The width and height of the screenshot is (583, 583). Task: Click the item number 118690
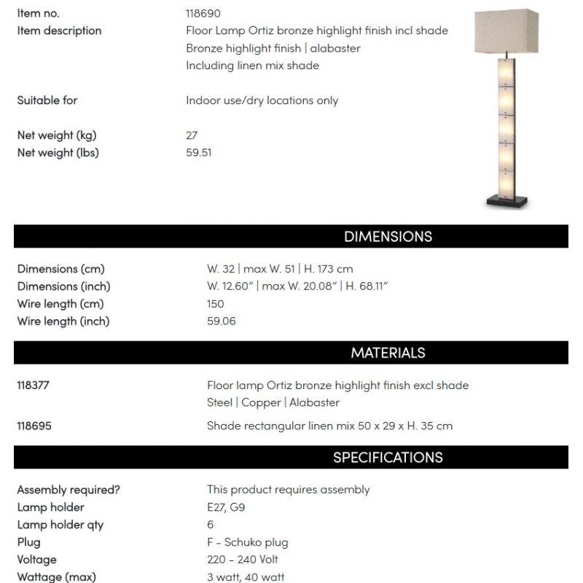pos(203,13)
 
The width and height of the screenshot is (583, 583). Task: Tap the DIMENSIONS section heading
pos(388,237)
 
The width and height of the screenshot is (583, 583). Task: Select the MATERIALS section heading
pos(388,353)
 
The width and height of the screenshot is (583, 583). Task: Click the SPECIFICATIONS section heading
pos(388,458)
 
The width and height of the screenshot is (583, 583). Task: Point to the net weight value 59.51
pos(199,153)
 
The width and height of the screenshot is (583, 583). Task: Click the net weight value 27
pos(192,136)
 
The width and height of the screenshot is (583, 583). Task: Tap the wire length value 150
pos(216,304)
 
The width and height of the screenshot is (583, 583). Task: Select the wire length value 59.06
pos(222,321)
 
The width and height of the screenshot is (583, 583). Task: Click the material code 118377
pos(34,386)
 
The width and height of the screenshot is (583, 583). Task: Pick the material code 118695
pos(34,426)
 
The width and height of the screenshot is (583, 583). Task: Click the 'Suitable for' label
pos(47,101)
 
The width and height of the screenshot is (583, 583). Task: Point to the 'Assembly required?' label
pos(69,490)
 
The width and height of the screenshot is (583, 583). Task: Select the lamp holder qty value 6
pos(211,525)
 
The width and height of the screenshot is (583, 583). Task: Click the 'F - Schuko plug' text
pos(248,542)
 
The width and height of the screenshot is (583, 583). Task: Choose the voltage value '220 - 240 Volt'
pos(243,560)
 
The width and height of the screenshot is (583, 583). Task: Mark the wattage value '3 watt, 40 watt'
pos(246,577)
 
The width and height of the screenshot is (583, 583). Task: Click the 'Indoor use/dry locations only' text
pos(262,101)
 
